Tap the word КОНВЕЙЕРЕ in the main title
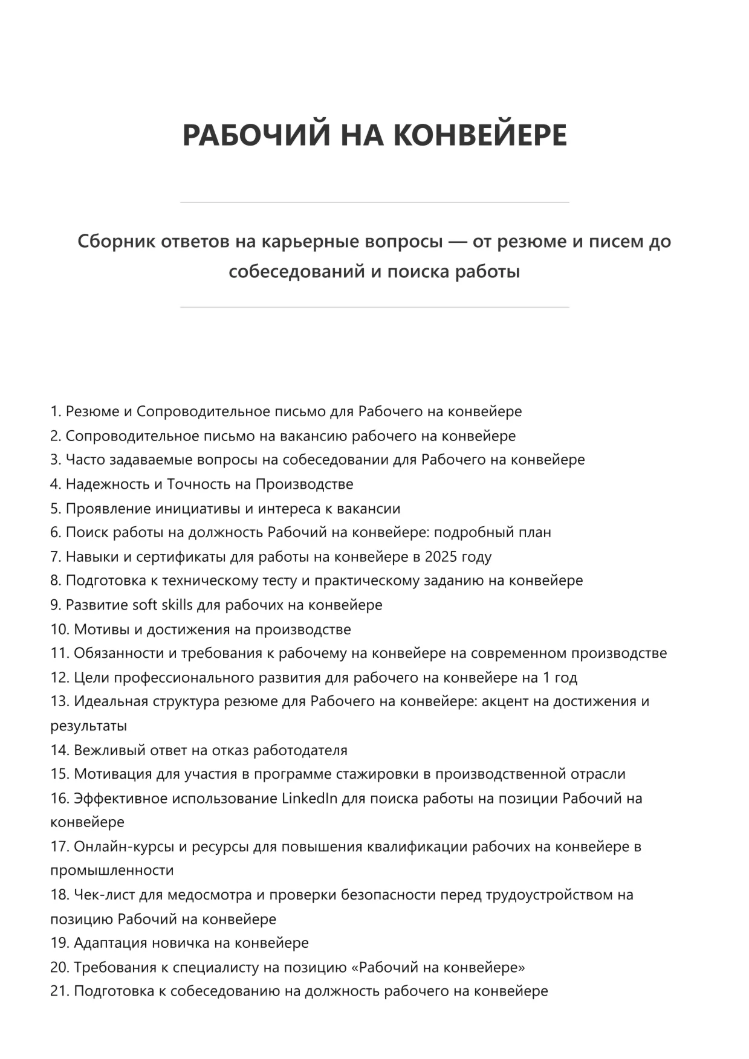tap(481, 135)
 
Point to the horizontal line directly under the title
tap(374, 202)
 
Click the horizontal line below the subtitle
tap(374, 307)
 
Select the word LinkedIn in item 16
tap(310, 798)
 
